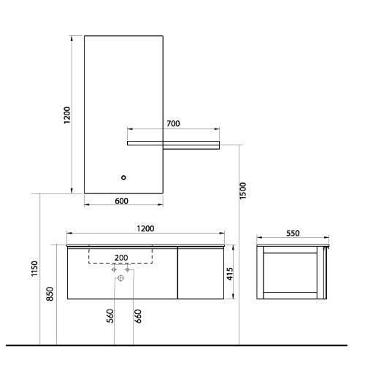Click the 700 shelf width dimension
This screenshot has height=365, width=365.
pyautogui.click(x=173, y=123)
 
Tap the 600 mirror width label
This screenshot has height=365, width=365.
pyautogui.click(x=121, y=201)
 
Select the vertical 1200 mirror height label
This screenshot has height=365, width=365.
pyautogui.click(x=67, y=115)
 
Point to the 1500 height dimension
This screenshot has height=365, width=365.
pyautogui.click(x=243, y=191)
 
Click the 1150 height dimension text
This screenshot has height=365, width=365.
pyautogui.click(x=35, y=269)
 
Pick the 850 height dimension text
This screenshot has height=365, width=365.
pyautogui.click(x=50, y=293)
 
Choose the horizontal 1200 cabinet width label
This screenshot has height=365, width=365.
pyautogui.click(x=145, y=228)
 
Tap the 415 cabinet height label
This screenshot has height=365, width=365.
pyautogui.click(x=230, y=274)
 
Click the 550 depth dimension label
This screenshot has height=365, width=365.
pyautogui.click(x=293, y=233)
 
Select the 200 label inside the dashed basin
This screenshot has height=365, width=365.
pyautogui.click(x=121, y=258)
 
